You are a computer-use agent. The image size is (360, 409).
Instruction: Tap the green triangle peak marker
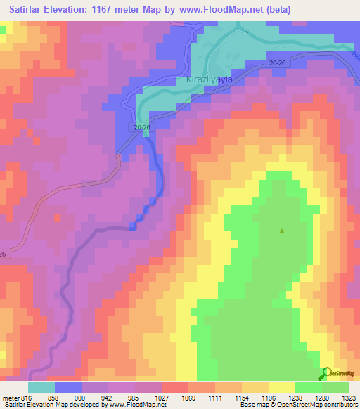pyautogui.click(x=283, y=231)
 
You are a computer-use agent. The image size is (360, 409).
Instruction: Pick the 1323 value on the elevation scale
pyautogui.click(x=349, y=397)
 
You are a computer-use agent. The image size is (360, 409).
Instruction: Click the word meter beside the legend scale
pyautogui.click(x=10, y=397)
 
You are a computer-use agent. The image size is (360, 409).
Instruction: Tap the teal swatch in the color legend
pyautogui.click(x=41, y=387)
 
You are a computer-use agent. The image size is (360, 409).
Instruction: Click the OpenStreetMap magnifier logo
pyautogui.click(x=326, y=374)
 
